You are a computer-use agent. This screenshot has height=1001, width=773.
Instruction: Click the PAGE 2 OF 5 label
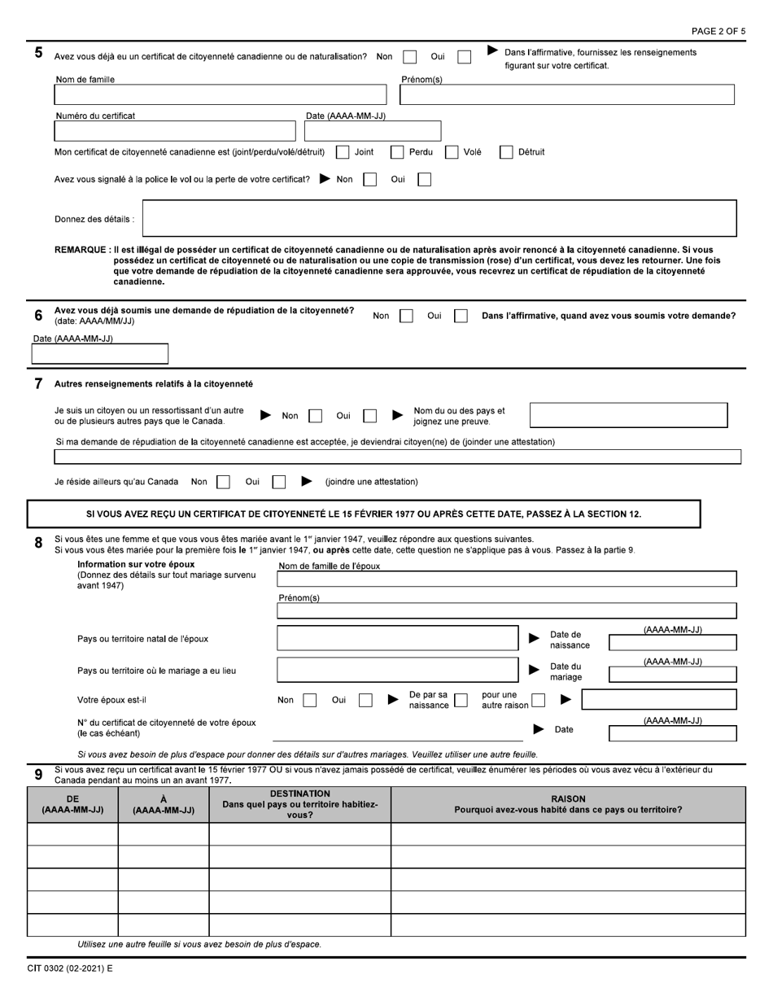[x=718, y=31]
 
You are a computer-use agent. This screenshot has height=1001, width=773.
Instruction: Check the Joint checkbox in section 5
[x=343, y=152]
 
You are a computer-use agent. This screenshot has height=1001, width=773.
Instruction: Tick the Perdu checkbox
[x=397, y=152]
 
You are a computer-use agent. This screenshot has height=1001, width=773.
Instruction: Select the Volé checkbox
[x=452, y=152]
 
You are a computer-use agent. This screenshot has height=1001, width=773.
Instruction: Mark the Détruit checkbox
[x=506, y=152]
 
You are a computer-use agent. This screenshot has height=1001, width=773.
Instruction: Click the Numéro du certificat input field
[x=175, y=131]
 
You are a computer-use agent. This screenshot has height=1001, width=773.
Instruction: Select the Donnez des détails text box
[x=439, y=218]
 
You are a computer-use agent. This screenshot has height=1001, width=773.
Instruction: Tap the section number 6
[x=38, y=316]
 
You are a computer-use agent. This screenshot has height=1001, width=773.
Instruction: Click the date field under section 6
[x=99, y=354]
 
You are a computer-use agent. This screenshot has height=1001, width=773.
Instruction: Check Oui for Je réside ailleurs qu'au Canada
[x=278, y=482]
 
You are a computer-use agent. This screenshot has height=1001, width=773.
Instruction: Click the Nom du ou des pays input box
[x=628, y=415]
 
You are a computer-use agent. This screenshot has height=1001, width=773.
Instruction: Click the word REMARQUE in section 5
[x=81, y=250]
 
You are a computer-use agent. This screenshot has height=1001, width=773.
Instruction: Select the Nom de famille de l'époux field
[x=506, y=579]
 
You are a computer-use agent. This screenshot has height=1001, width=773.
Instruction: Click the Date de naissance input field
[x=672, y=643]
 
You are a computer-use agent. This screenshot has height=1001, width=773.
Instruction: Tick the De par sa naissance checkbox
[x=461, y=699]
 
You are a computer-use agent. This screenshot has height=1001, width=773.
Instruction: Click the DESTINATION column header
[x=299, y=804]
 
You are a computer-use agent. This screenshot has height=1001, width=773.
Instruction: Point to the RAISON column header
[x=568, y=804]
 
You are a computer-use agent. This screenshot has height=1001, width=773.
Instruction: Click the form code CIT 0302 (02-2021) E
[x=70, y=969]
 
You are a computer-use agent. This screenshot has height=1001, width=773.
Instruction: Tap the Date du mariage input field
[x=672, y=675]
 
